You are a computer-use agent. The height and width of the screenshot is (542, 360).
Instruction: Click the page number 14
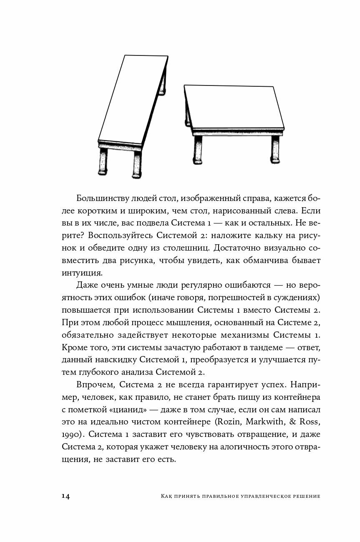[65, 496]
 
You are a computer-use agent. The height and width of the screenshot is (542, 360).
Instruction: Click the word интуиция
[82, 273]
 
